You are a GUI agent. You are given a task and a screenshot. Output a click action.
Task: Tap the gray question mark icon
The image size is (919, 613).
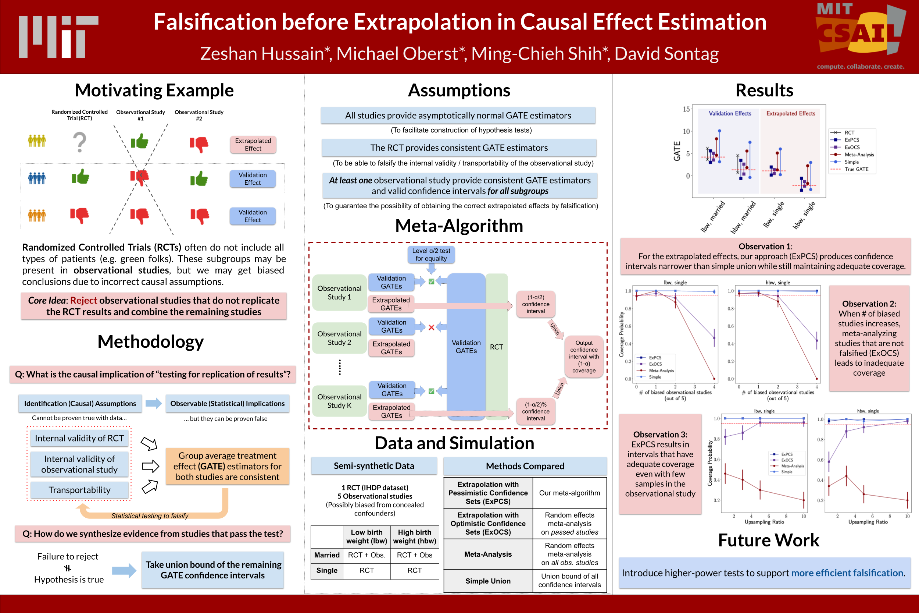point(80,142)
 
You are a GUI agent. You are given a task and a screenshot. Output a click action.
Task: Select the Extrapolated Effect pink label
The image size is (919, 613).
point(253,144)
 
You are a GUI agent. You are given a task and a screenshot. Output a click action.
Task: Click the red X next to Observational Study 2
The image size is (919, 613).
point(431,327)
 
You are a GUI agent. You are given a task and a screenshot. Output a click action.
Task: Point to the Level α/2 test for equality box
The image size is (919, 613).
point(431,255)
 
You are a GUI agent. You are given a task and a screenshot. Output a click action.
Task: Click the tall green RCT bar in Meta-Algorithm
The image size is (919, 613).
point(496,346)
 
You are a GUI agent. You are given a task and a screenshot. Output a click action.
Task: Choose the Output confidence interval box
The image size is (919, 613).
point(583,356)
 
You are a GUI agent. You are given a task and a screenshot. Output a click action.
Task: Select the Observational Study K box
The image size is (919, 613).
point(339,401)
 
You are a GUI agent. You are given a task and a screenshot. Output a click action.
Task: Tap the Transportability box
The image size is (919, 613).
point(79,490)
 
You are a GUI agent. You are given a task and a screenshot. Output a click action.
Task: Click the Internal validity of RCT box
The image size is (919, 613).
point(79,438)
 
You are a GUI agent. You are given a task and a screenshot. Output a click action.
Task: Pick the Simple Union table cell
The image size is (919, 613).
point(488,581)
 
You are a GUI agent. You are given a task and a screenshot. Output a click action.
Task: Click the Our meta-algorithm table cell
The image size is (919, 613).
point(569,493)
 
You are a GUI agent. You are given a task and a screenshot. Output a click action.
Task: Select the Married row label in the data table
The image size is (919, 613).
point(327,555)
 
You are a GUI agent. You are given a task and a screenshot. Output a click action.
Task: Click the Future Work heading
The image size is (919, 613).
point(768,540)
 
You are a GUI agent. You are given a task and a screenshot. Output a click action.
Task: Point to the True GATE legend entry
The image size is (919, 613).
point(856,169)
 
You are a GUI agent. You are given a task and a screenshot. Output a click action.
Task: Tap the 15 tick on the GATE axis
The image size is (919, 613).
point(686,109)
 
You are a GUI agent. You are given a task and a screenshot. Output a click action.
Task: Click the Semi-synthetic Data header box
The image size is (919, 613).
point(374,465)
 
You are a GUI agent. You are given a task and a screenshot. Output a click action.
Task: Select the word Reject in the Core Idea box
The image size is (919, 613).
point(83,300)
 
